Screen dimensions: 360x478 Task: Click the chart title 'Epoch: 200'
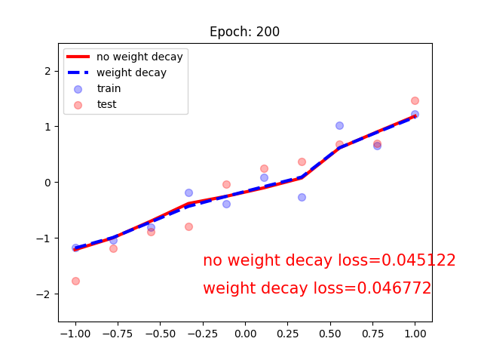[x=244, y=32]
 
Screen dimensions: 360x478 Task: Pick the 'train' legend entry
[x=109, y=88]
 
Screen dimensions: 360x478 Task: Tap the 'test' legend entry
[x=106, y=104]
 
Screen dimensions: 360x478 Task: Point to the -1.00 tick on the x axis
[x=74, y=333]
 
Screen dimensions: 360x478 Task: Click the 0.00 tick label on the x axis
[x=245, y=333]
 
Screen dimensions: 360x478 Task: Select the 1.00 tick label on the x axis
[x=415, y=333]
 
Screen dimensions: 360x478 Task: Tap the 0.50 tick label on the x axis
[x=330, y=333]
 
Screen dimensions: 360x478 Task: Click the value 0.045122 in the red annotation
[x=418, y=260]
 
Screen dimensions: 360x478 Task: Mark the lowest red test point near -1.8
[x=75, y=281]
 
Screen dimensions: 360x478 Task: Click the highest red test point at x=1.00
[x=415, y=100]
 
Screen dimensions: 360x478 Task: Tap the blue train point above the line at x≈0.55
[x=339, y=125]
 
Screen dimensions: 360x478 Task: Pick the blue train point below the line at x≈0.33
[x=302, y=197]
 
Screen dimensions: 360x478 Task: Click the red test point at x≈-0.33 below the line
[x=188, y=226]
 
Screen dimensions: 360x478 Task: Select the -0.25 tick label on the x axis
[x=158, y=333]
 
